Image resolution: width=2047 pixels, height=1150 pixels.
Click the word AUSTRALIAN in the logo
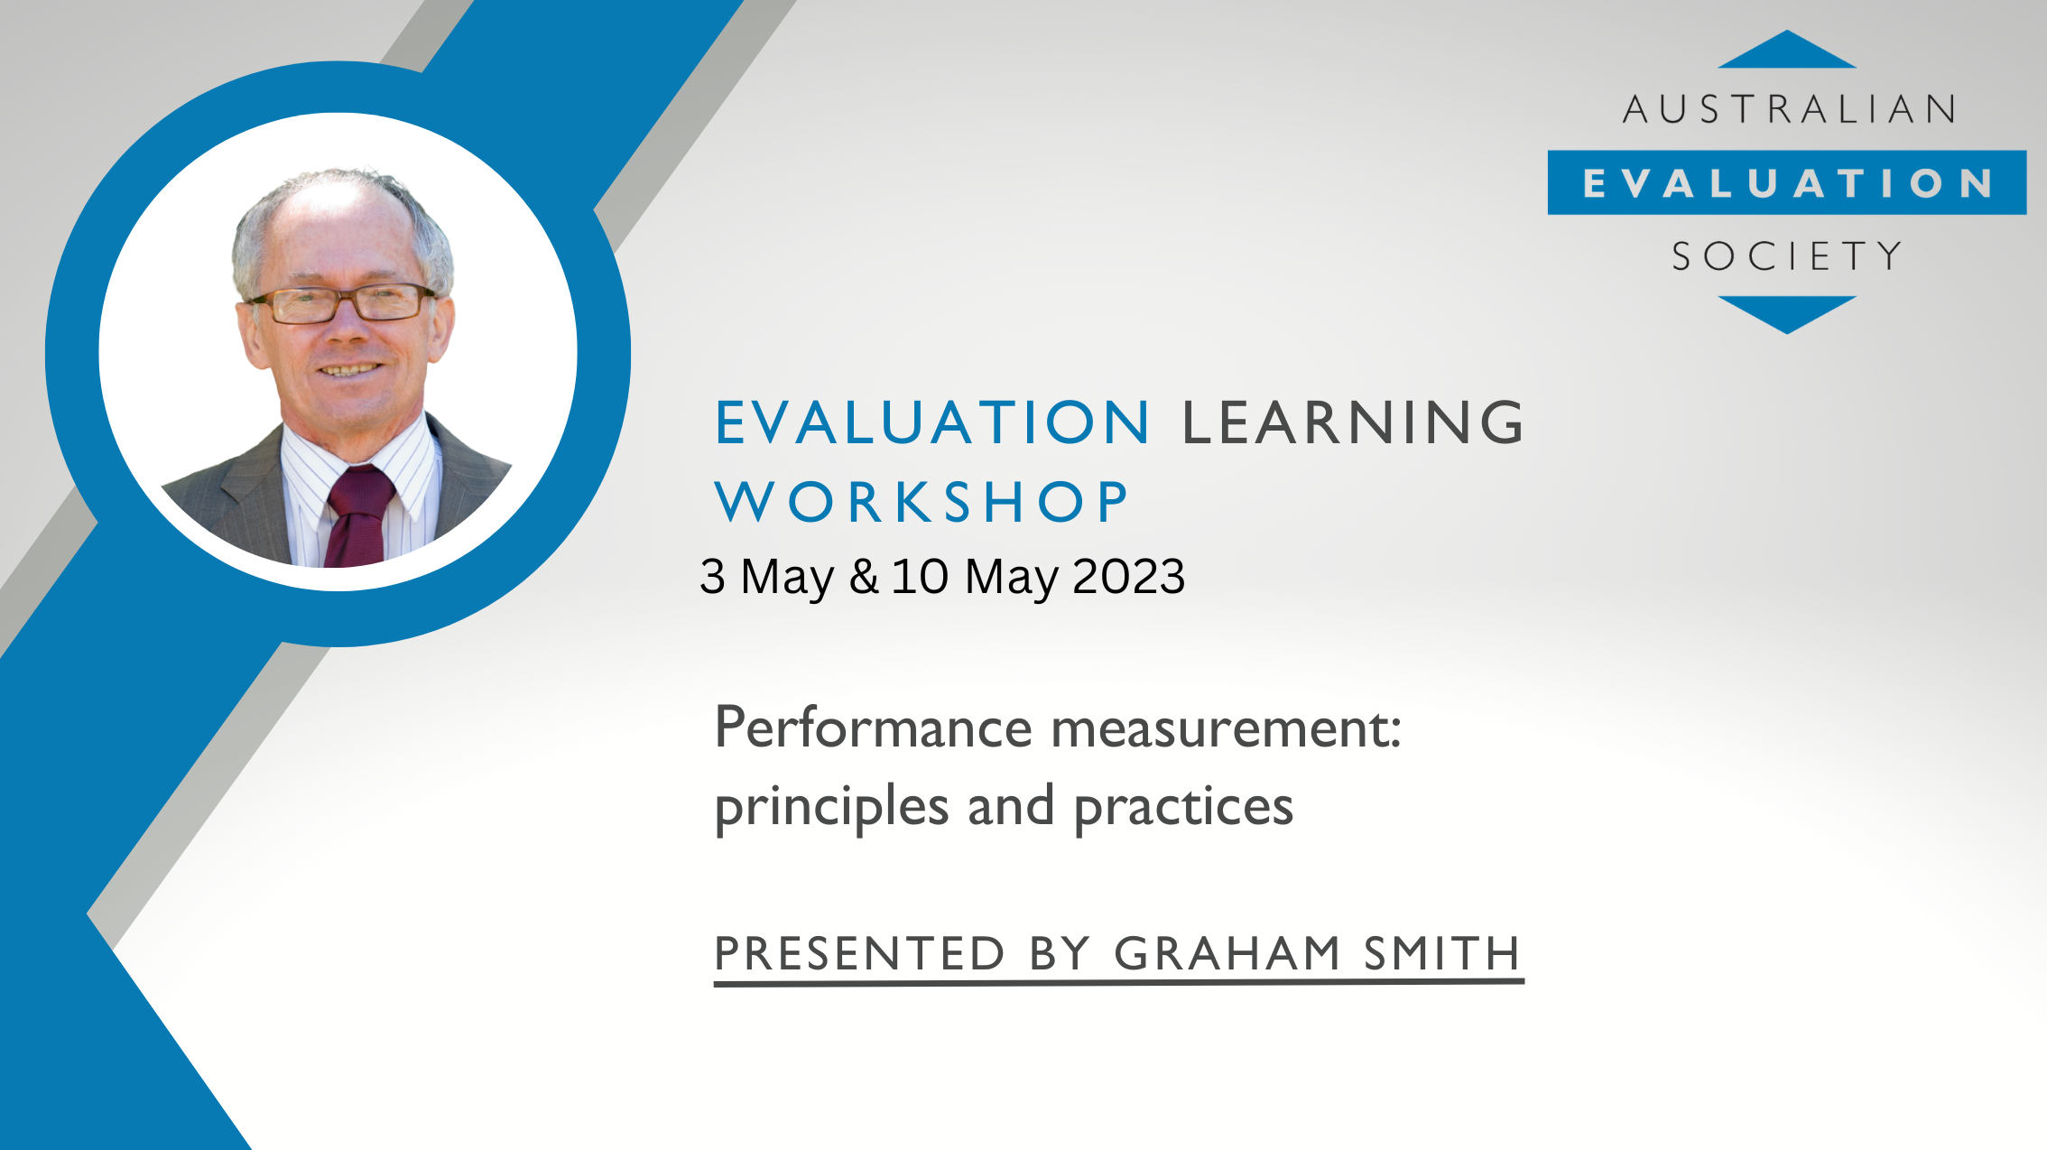click(x=1789, y=109)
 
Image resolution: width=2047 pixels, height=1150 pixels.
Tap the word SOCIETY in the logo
click(x=1787, y=256)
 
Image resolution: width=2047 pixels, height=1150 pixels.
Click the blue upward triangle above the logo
click(x=1787, y=50)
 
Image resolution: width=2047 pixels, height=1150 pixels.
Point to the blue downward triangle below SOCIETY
click(x=1787, y=314)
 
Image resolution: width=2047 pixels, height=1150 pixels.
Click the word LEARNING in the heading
click(x=1353, y=422)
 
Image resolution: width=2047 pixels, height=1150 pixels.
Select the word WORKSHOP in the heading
click(x=922, y=502)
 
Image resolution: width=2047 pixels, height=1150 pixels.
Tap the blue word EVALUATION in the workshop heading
click(x=932, y=422)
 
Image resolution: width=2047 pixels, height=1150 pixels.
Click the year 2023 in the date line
click(x=1129, y=576)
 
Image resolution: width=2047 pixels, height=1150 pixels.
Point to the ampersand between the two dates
click(x=864, y=577)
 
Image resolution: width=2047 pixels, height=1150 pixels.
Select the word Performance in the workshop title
click(x=873, y=728)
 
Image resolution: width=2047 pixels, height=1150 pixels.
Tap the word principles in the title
click(x=831, y=808)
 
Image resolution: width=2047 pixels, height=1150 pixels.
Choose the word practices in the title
click(x=1183, y=808)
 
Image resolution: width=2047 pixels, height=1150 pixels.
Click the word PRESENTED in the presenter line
click(x=859, y=954)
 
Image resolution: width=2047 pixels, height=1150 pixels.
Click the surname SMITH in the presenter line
click(x=1442, y=954)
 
